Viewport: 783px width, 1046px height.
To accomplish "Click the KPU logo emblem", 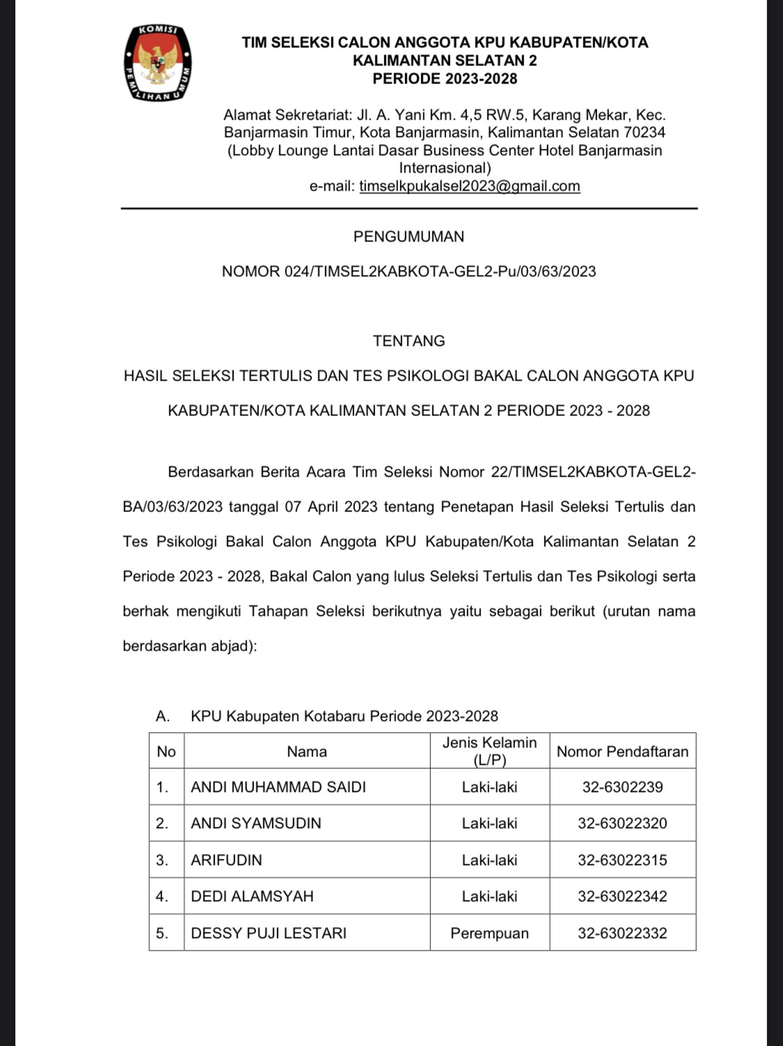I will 157,63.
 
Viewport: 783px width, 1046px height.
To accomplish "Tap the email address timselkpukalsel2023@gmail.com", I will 469,186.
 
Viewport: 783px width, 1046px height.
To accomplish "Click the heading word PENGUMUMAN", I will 409,237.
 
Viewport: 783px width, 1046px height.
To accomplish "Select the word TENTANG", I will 409,341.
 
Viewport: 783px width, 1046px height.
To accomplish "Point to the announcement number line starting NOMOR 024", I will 409,271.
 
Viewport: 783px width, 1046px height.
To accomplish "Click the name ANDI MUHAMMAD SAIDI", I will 278,787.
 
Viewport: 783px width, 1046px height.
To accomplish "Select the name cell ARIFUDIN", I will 226,859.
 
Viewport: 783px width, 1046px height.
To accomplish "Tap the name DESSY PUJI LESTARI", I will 268,933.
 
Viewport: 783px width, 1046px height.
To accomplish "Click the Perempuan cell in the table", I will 489,933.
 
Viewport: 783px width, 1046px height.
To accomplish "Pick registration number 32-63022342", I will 622,896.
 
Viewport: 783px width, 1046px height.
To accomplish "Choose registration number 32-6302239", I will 622,787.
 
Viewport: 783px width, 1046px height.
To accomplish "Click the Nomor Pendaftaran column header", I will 622,751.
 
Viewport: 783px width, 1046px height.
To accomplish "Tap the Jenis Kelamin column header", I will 489,751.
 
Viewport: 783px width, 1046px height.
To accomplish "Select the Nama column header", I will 306,751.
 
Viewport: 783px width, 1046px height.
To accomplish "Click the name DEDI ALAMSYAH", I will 252,896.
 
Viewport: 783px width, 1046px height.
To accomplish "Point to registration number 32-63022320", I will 622,823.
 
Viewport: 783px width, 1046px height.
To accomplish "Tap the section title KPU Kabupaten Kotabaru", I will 344,716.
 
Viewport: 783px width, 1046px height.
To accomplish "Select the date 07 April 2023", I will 331,507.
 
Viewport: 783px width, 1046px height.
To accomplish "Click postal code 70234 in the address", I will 644,132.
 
